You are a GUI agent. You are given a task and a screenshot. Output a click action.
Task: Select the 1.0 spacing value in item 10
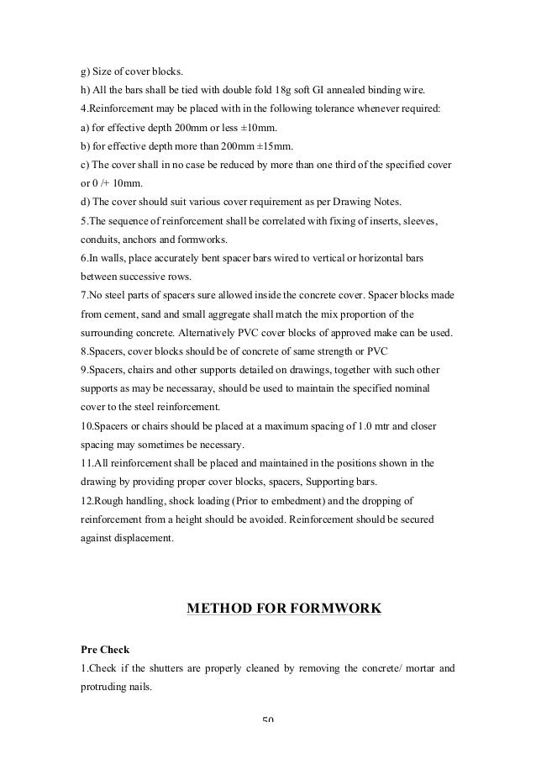point(362,426)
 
